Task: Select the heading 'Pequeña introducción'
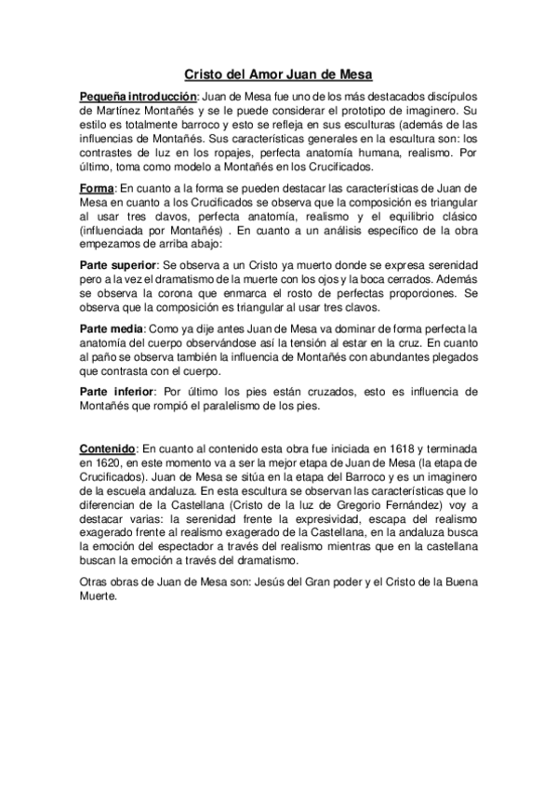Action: point(139,97)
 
